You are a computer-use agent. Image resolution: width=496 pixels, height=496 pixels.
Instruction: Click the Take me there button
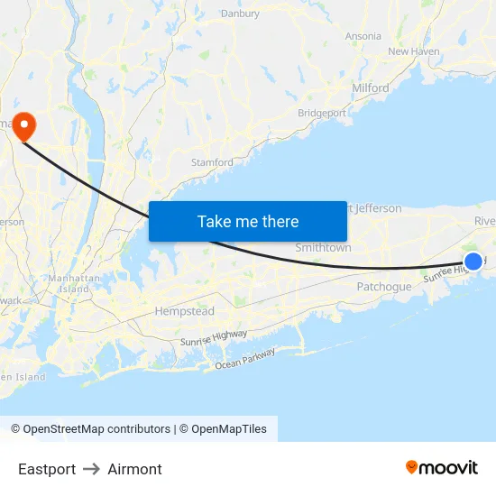pyautogui.click(x=248, y=221)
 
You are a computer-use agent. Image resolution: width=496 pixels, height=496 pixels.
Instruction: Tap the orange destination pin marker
pyautogui.click(x=23, y=125)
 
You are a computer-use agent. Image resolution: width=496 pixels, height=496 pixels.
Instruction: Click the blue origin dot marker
pyautogui.click(x=473, y=262)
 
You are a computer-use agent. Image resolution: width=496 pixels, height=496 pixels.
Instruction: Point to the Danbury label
pyautogui.click(x=240, y=14)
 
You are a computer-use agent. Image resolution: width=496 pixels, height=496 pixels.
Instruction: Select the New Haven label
pyautogui.click(x=413, y=51)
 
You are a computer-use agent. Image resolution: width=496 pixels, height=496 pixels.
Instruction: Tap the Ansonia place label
pyautogui.click(x=363, y=36)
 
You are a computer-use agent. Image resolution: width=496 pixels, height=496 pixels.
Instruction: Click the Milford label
pyautogui.click(x=370, y=87)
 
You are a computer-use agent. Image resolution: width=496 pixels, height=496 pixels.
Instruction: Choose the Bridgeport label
pyautogui.click(x=322, y=113)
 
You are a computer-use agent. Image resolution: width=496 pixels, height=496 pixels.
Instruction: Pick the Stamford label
pyautogui.click(x=212, y=162)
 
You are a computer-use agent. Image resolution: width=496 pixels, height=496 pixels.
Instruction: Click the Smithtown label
pyautogui.click(x=323, y=247)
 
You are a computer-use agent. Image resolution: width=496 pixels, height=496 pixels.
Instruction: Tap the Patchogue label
pyautogui.click(x=383, y=287)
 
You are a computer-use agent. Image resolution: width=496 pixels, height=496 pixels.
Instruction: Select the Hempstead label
pyautogui.click(x=185, y=311)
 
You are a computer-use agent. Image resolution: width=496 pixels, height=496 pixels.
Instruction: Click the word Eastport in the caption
pyautogui.click(x=47, y=469)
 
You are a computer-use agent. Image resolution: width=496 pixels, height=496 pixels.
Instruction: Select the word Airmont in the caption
pyautogui.click(x=134, y=469)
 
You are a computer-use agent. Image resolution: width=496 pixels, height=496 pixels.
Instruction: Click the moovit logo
pyautogui.click(x=442, y=467)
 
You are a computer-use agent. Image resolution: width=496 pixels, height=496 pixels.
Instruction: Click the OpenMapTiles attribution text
pyautogui.click(x=227, y=429)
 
